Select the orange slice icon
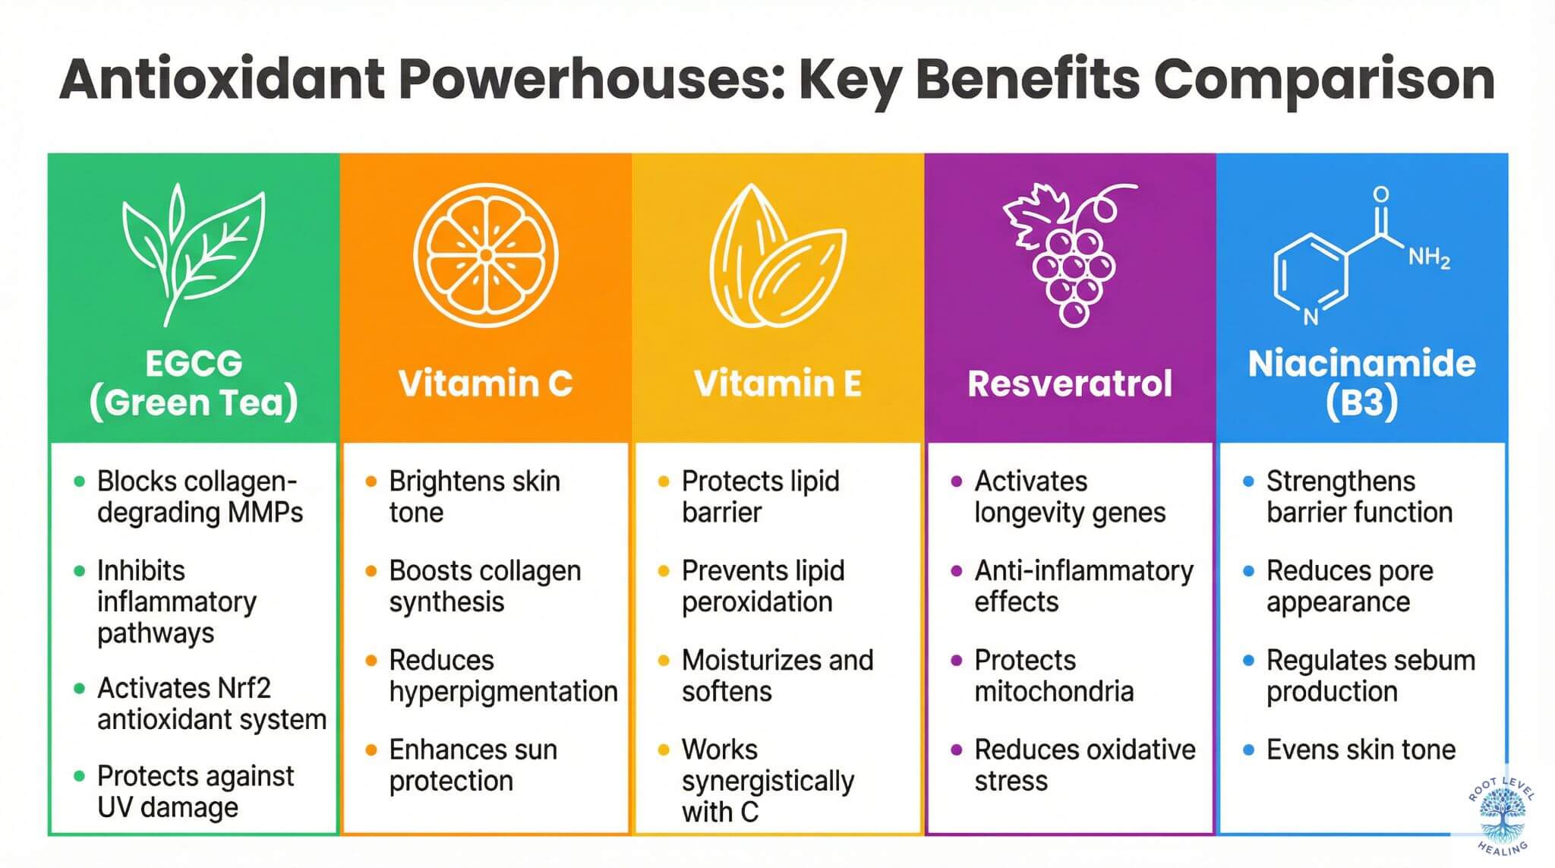point(485,255)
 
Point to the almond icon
point(776,258)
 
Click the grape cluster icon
point(1070,254)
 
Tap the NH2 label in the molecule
point(1428,258)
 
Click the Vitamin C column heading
point(485,383)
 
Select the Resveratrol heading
point(1070,383)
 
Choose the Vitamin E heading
point(777,383)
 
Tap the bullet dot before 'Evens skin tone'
point(1248,750)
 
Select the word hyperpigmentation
point(503,692)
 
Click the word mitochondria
point(1054,692)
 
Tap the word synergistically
point(768,781)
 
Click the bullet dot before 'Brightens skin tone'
point(371,481)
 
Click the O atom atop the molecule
point(1381,194)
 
